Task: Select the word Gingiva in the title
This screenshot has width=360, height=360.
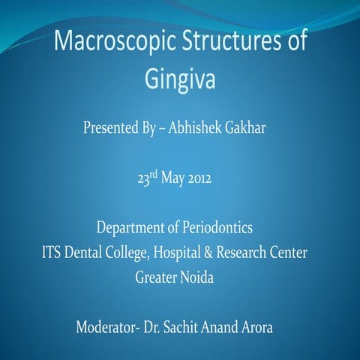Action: (x=180, y=77)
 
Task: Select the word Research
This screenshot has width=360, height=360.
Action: (x=263, y=251)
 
